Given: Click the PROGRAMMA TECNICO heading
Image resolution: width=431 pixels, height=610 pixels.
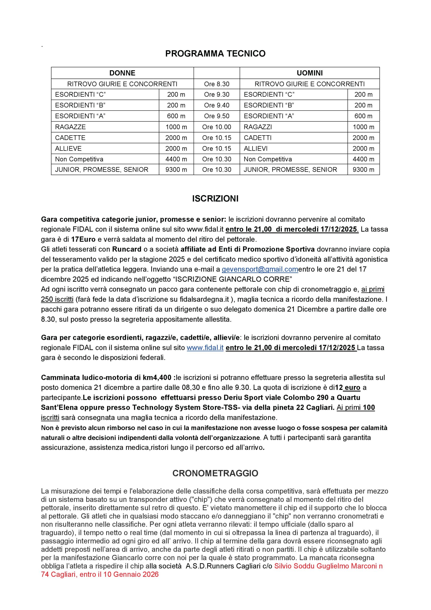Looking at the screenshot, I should click(215, 54).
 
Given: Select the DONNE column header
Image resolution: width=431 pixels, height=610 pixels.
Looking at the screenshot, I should click(122, 73).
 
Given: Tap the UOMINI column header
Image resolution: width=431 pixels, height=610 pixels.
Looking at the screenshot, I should click(309, 73).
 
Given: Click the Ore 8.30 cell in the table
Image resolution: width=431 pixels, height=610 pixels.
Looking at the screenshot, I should click(217, 84).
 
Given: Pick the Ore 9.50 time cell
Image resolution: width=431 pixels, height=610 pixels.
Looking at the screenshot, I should click(217, 116).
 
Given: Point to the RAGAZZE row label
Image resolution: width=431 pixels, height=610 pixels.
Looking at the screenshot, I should click(71, 127).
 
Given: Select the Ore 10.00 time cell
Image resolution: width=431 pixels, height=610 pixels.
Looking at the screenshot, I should click(217, 127).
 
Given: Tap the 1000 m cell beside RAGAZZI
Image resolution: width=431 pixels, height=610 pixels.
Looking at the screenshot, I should click(363, 127).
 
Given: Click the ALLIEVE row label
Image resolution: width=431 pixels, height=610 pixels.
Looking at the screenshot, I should click(68, 148).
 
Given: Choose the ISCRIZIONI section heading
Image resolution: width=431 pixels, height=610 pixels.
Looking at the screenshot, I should click(215, 199).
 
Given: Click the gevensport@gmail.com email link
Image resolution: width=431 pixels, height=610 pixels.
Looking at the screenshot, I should click(260, 269).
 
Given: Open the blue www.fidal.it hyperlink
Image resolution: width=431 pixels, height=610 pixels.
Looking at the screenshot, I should click(205, 348).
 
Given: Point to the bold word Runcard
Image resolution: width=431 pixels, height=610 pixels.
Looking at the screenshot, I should click(127, 249).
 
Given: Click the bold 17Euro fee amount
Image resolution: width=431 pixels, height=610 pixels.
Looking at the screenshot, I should click(83, 239).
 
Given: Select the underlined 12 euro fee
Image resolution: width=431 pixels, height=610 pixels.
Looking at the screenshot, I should click(348, 388).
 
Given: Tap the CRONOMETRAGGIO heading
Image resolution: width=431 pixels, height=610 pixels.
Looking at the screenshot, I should click(215, 473).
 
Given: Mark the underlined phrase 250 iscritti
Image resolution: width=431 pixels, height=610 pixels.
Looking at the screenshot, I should click(57, 300).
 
